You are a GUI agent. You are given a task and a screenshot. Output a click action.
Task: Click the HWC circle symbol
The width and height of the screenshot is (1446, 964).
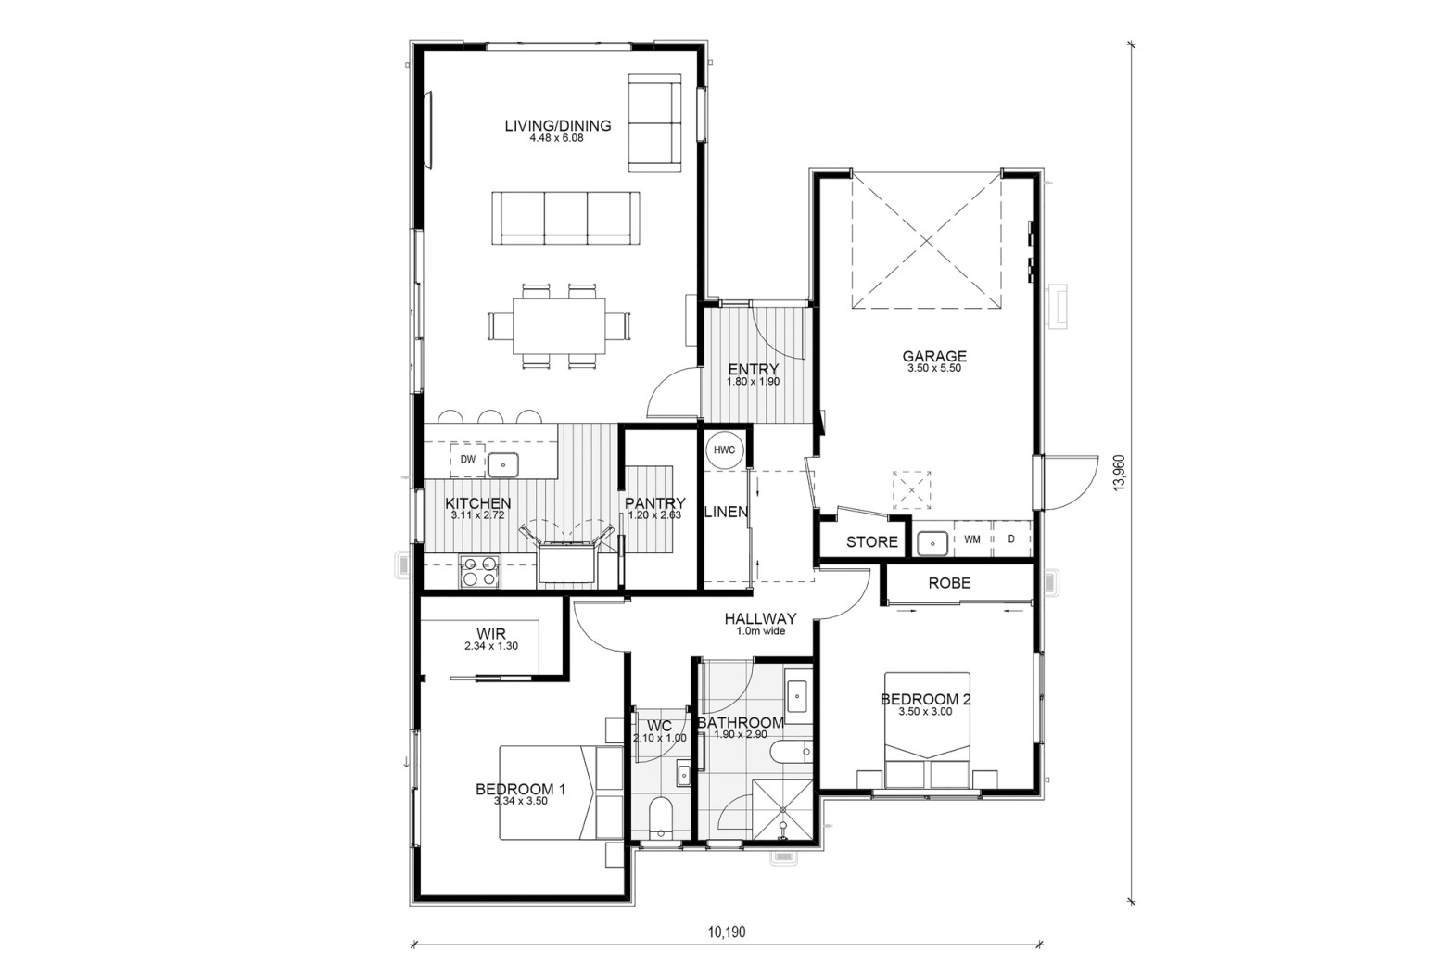click(724, 450)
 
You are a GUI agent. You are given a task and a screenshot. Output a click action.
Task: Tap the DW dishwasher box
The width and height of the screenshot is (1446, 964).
click(467, 460)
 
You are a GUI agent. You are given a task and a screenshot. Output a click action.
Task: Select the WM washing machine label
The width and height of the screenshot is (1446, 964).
click(972, 539)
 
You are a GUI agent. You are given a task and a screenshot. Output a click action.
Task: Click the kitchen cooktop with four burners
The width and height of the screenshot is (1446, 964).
click(479, 571)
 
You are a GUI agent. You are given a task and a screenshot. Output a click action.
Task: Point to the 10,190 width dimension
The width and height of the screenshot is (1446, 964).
click(726, 932)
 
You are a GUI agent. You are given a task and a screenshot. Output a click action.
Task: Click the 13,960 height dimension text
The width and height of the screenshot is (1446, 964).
click(1120, 473)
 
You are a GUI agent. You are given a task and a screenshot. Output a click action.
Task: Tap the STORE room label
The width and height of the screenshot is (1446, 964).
click(871, 541)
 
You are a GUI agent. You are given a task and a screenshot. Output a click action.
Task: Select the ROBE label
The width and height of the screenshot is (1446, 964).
click(949, 583)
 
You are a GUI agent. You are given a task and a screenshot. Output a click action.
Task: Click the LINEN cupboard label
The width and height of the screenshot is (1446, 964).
click(726, 512)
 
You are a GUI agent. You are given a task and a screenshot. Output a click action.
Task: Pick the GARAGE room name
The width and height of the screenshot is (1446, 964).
click(934, 356)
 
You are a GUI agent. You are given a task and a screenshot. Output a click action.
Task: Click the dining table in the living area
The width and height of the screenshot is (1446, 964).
click(559, 326)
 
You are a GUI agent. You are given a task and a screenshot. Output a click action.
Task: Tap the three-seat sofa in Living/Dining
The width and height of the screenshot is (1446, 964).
click(565, 218)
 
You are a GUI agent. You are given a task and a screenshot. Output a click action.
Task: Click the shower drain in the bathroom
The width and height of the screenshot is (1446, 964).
click(783, 810)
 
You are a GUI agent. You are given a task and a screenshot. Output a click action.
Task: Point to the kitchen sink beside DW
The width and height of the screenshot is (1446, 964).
click(503, 465)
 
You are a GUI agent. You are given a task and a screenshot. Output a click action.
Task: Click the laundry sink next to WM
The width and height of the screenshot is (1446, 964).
click(932, 543)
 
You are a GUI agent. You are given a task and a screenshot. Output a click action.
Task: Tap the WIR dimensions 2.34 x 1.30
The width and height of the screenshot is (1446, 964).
click(490, 646)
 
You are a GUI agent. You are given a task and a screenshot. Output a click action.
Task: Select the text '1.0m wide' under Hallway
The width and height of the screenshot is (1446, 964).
click(760, 631)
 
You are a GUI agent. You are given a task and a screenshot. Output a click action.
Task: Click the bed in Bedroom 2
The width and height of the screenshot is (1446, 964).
click(927, 730)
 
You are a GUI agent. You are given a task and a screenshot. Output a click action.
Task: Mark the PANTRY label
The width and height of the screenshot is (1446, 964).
click(654, 503)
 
